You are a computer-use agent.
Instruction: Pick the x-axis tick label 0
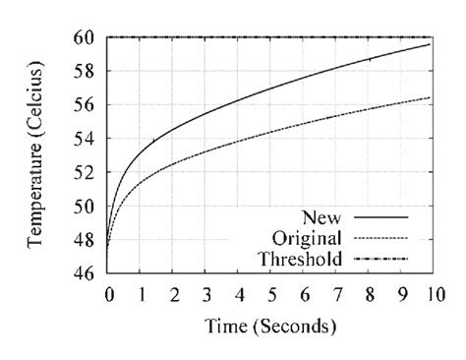tap(109, 293)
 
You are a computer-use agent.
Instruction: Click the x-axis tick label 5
tap(271, 293)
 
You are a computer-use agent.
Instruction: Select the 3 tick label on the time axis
tap(206, 293)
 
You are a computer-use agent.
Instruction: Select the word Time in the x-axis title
tap(225, 325)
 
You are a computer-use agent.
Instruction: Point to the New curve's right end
tap(430, 44)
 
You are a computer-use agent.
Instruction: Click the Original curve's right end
tap(430, 96)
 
